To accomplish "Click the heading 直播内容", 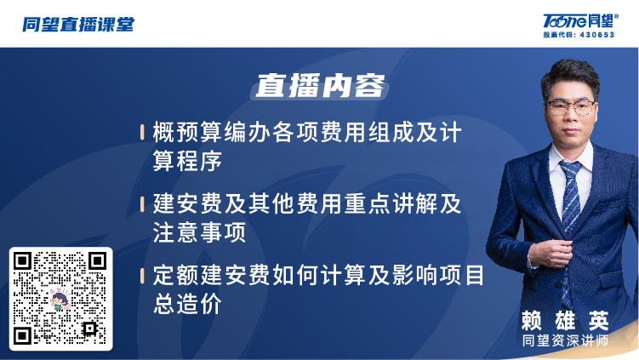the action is [320, 86].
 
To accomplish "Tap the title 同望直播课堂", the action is [78, 25].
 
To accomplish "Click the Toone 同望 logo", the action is [580, 20].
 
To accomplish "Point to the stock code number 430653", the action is [596, 35].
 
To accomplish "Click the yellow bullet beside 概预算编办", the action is [142, 133].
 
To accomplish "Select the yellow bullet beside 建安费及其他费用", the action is [142, 204].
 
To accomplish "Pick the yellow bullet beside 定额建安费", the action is [142, 275].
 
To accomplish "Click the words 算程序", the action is [187, 161].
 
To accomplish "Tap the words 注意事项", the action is [199, 232].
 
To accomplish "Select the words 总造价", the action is [187, 303].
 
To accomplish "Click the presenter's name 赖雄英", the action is [565, 321].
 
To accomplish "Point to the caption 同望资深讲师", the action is [565, 340].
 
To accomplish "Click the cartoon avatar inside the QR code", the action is [60, 300].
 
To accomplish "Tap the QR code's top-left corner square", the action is [22, 260].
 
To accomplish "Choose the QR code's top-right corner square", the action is [97, 260].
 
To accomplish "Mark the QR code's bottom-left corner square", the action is [22, 335].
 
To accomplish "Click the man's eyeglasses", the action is [571, 108].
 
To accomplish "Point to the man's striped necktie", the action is [570, 228].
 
